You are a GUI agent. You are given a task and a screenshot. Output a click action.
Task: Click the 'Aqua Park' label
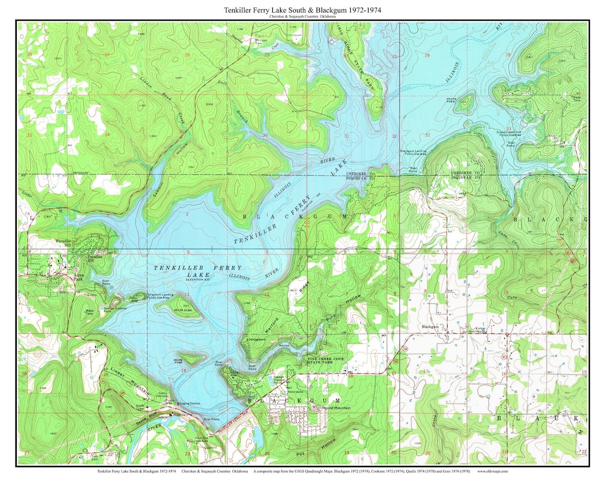coord(76,277)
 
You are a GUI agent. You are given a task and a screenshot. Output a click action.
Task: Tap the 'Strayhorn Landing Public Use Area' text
coord(160,296)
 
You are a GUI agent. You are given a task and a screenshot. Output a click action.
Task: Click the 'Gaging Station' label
coord(189,403)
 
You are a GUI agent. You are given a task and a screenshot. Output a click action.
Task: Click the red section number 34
coord(106,134)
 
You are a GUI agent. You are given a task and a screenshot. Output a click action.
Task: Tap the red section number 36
coord(264,135)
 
